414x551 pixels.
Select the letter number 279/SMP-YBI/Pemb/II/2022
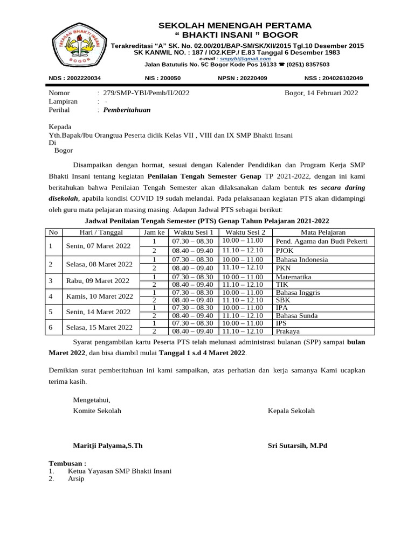click(147, 93)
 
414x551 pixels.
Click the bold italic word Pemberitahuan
click(127, 110)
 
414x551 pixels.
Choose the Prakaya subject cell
click(288, 331)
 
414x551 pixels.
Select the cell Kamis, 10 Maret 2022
click(99, 296)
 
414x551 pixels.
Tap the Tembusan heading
click(67, 463)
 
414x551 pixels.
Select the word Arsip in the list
click(76, 479)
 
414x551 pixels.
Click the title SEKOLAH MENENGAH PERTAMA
click(234, 26)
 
